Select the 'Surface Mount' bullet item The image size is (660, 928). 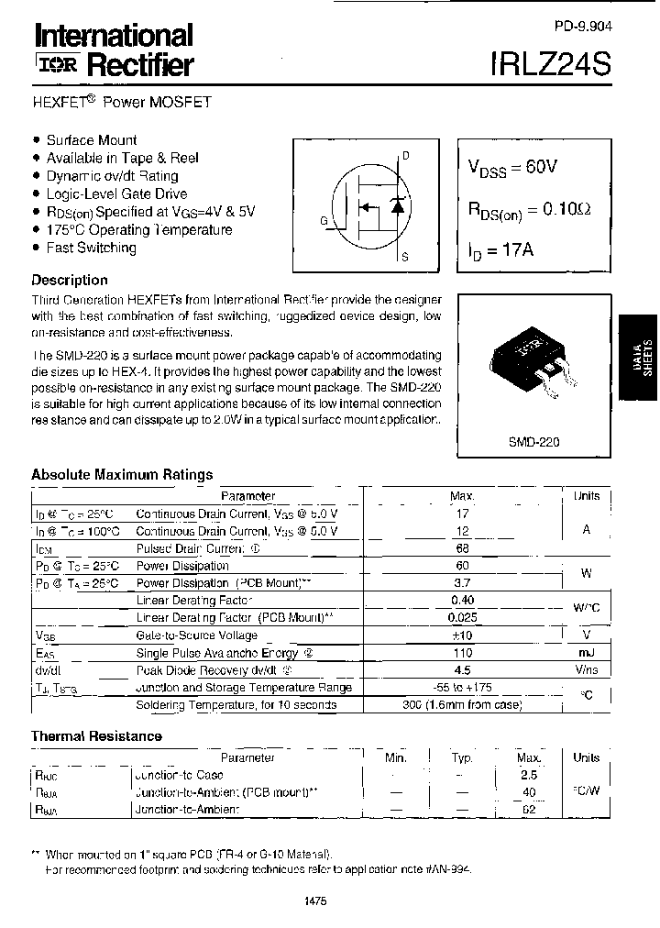[x=92, y=140]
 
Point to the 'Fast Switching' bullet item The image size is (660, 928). [x=91, y=248]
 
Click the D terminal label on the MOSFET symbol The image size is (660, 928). [x=405, y=155]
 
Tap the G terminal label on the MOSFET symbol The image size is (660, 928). [x=324, y=220]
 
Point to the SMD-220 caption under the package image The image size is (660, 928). [x=533, y=441]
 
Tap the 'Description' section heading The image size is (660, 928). [x=70, y=281]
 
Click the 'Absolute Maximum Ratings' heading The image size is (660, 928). [x=122, y=474]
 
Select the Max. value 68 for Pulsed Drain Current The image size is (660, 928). [x=462, y=548]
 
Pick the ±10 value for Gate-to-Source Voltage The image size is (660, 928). [x=462, y=635]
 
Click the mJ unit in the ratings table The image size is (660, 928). [x=586, y=653]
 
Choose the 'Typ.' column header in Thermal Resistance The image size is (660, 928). [x=462, y=758]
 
